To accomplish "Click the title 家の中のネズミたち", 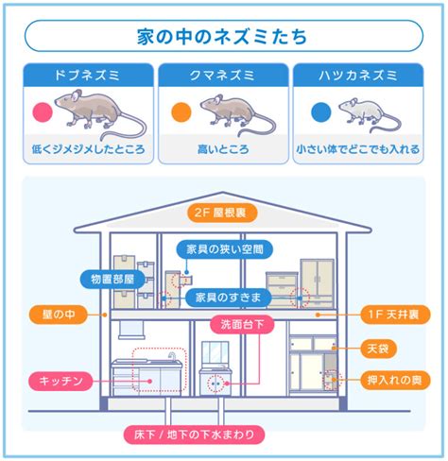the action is click(x=222, y=36).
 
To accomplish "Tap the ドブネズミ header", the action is click(x=88, y=76).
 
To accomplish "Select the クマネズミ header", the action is click(x=223, y=76).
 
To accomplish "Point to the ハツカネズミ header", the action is click(x=358, y=76).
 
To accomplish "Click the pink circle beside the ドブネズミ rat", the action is click(x=43, y=112).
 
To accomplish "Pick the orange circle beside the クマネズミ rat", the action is click(x=181, y=112).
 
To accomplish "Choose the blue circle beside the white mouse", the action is click(x=321, y=112).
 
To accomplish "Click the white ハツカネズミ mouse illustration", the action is click(x=370, y=114).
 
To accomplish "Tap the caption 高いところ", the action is click(x=223, y=149).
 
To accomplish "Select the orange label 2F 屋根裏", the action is click(x=222, y=213).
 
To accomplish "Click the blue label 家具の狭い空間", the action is click(x=225, y=249).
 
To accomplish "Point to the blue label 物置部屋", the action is click(x=112, y=279).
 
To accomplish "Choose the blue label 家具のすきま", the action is click(x=229, y=298).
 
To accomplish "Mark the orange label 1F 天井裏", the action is click(x=395, y=315).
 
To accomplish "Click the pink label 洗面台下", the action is click(x=242, y=324).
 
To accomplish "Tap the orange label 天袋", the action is click(x=378, y=349).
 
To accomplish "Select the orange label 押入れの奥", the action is click(x=395, y=380).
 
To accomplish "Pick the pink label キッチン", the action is click(x=61, y=381).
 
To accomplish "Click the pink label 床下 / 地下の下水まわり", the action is click(x=194, y=435).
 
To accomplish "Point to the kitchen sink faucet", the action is click(x=172, y=356).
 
